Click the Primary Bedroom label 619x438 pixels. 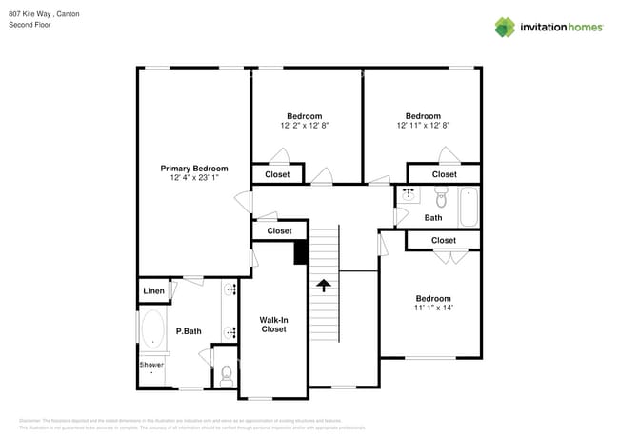point(194,169)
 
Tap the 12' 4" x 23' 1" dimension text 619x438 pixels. point(194,178)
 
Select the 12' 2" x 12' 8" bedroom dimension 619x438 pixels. point(305,125)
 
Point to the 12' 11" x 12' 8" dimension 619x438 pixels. point(423,125)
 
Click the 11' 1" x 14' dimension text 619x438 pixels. point(433,308)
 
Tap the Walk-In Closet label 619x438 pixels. point(274,325)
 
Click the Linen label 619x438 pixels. point(153,290)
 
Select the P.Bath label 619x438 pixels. point(189,331)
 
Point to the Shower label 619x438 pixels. point(151,365)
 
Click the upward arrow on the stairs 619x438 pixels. point(324,285)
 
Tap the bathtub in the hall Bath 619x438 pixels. point(468,206)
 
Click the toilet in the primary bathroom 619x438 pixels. point(226,374)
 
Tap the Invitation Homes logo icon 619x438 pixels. point(506,27)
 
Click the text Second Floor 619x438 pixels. point(30,25)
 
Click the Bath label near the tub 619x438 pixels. point(433,218)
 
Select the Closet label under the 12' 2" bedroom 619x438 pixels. point(277,174)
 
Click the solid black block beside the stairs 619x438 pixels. point(301,251)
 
